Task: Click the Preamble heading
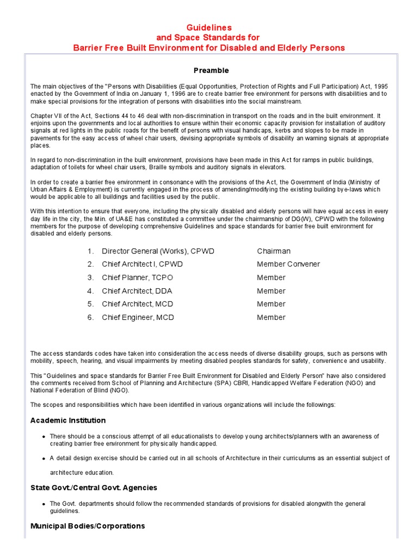(211, 71)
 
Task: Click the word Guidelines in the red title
(209, 27)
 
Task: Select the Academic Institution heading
(68, 420)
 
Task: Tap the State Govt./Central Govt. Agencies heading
(94, 488)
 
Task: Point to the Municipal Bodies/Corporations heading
(88, 526)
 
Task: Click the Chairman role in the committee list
(274, 251)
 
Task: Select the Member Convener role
(288, 264)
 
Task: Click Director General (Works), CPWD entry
(158, 251)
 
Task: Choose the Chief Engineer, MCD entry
(138, 318)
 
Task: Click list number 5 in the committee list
(90, 304)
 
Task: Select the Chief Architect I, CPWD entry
(142, 264)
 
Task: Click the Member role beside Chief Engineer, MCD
(271, 318)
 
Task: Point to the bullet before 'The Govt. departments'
(43, 504)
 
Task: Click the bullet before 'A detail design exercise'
(43, 459)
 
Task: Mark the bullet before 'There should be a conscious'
(43, 437)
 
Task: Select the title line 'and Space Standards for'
(209, 38)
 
